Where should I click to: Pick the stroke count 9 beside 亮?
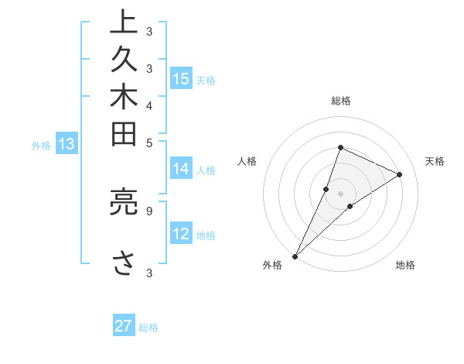[x=149, y=209]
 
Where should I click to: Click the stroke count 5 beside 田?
[x=149, y=143]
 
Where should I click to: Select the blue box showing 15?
[x=181, y=78]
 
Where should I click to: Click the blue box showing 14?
[x=181, y=169]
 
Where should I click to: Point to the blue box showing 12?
[x=181, y=234]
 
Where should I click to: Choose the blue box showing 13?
[x=67, y=143]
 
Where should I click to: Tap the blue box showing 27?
[x=124, y=326]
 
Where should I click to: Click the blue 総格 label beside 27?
[x=148, y=328]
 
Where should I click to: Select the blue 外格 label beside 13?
[x=41, y=145]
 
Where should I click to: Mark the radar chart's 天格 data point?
[x=400, y=174]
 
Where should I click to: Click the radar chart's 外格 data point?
[x=295, y=256]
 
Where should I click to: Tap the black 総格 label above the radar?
[x=341, y=101]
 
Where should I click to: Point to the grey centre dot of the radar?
[x=340, y=194]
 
